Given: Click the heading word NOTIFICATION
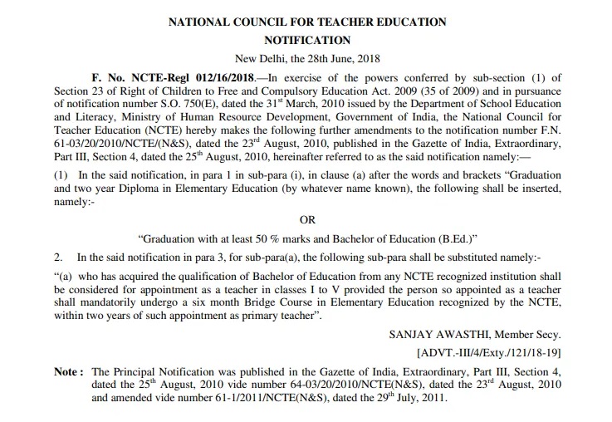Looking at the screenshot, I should [x=306, y=39].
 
